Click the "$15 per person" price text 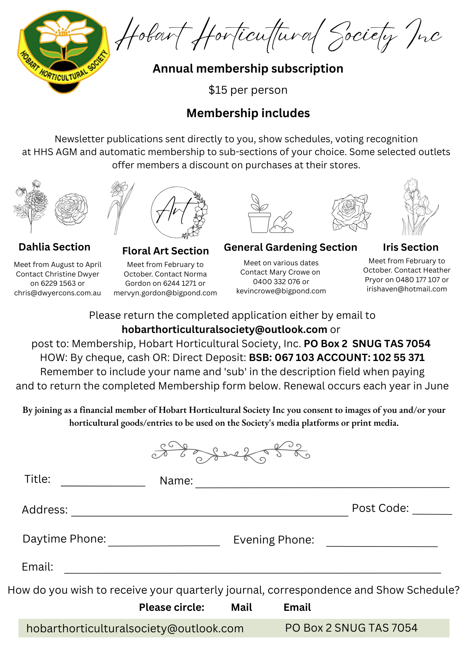pyautogui.click(x=248, y=90)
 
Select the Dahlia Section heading pyautogui.click(x=54, y=247)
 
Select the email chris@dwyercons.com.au pyautogui.click(x=57, y=293)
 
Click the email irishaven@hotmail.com pyautogui.click(x=407, y=289)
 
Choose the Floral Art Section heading pyautogui.click(x=165, y=251)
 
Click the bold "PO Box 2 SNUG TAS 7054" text pyautogui.click(x=367, y=344)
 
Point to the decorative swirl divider pyautogui.click(x=231, y=452)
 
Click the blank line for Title pyautogui.click(x=103, y=482)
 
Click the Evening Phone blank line pyautogui.click(x=382, y=543)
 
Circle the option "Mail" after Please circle pyautogui.click(x=241, y=607)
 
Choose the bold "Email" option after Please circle pyautogui.click(x=297, y=607)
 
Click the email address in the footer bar pyautogui.click(x=135, y=628)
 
